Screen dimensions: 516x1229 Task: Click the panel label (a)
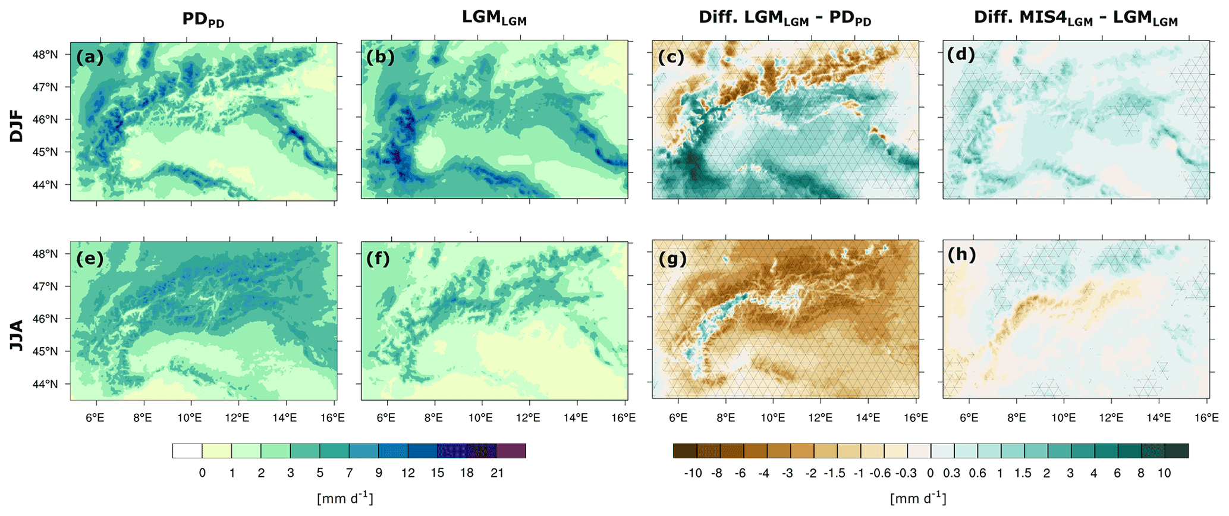90,57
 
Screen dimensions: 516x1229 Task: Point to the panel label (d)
961,54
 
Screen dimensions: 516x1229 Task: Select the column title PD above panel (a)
203,20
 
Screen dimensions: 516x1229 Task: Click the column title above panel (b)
494,18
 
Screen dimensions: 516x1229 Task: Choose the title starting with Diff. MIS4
1075,18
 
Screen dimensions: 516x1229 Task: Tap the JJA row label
17,335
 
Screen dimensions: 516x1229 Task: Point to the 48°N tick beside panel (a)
45,55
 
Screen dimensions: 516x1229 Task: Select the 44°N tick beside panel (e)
45,384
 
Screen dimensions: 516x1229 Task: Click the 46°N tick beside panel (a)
45,119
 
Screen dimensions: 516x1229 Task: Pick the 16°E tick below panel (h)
1206,418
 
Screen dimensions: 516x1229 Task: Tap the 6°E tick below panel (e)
95,418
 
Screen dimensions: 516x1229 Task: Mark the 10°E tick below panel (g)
772,418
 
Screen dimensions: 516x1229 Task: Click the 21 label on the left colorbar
497,473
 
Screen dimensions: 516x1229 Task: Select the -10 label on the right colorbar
693,473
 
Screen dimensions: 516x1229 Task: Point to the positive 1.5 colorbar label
1023,473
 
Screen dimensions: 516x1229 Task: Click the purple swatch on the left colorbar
511,451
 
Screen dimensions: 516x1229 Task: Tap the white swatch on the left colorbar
187,451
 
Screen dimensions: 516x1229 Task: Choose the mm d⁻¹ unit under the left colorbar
345,498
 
